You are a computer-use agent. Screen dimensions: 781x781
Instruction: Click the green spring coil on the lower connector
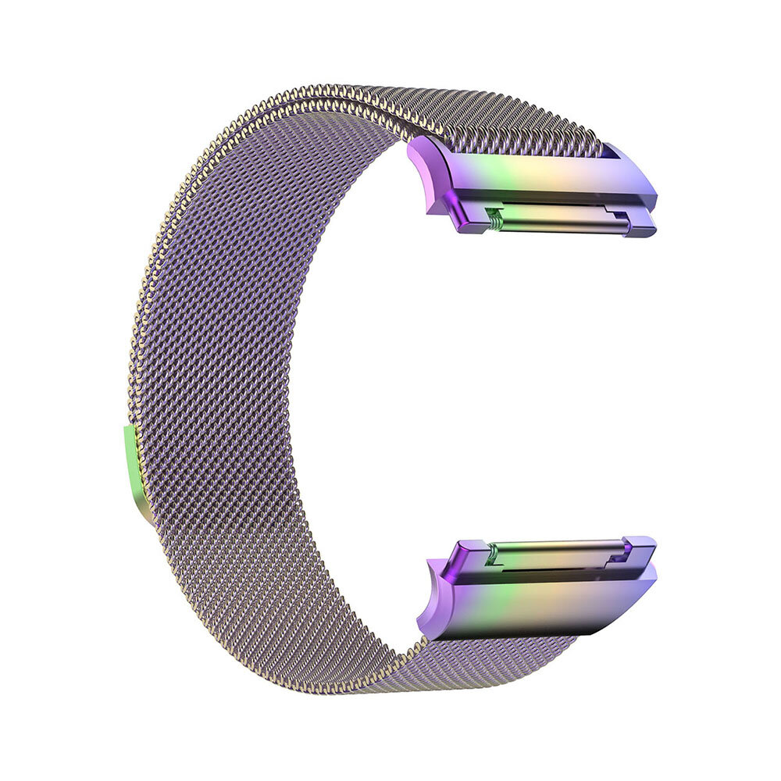(491, 556)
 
